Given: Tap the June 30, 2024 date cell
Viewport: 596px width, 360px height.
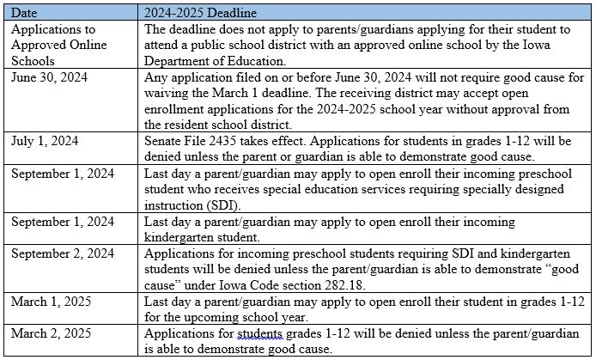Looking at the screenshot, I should pos(43,77).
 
